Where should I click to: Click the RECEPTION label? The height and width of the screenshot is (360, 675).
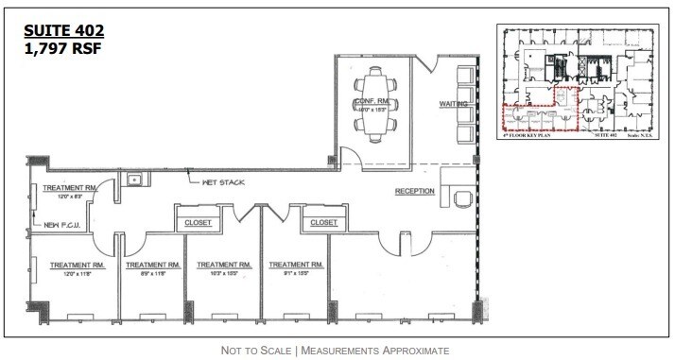coord(415,191)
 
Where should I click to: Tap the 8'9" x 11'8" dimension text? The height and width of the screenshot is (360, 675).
coord(146,274)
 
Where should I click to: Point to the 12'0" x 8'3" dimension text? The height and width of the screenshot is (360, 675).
coord(65,197)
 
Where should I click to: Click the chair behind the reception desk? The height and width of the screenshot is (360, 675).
coord(462,197)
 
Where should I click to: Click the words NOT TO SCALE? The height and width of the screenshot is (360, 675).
coord(255,351)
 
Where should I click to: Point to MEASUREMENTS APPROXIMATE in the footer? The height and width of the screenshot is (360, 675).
coord(375,351)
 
